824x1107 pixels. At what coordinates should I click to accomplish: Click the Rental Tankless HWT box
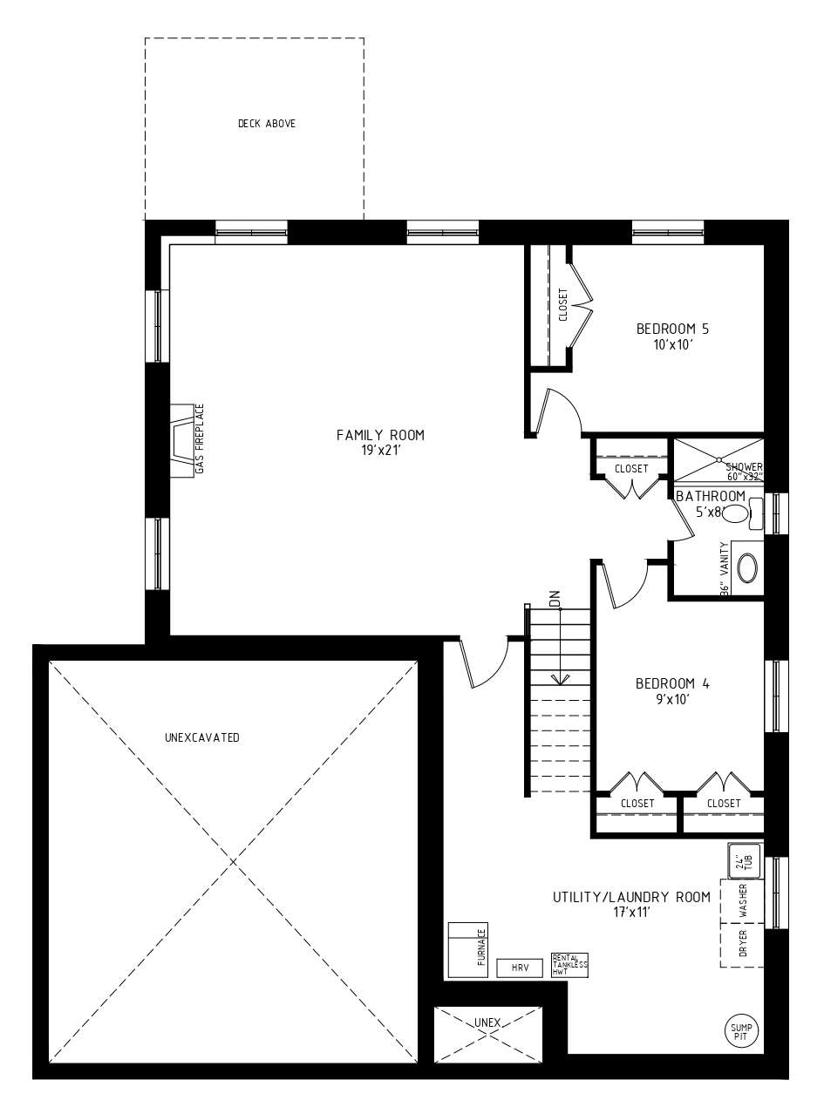click(x=569, y=965)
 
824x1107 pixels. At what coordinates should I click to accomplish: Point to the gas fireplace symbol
click(x=182, y=441)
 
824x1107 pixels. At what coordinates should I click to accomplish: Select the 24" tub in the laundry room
click(x=744, y=861)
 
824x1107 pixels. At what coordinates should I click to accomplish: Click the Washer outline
click(x=742, y=901)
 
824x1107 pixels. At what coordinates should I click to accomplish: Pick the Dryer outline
click(x=742, y=945)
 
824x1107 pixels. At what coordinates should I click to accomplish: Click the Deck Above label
click(x=267, y=123)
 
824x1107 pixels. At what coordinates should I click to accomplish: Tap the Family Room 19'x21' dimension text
click(x=382, y=451)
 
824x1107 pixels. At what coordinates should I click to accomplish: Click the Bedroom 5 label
click(x=672, y=329)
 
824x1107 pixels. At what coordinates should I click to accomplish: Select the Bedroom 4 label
click(x=672, y=683)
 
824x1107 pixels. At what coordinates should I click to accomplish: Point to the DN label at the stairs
click(x=555, y=599)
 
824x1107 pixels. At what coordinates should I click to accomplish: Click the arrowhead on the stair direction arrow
click(x=561, y=679)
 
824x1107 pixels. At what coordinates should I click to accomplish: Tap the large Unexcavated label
click(x=202, y=737)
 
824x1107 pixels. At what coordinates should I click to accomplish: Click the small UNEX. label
click(x=488, y=1022)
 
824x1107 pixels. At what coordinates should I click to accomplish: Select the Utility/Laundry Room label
click(x=631, y=897)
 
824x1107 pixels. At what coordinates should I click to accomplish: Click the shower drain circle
click(x=719, y=459)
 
